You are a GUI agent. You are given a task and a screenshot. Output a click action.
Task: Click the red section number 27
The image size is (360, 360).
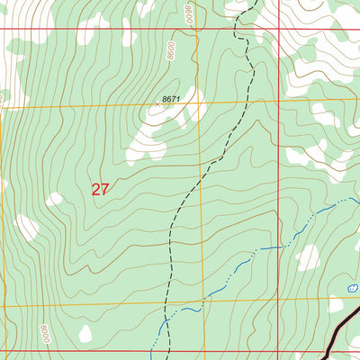coord(100,189)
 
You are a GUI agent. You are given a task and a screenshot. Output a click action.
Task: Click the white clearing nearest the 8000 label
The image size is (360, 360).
coord(85,334)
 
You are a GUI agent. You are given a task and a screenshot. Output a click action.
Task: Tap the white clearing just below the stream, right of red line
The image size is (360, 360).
coord(308,259)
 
